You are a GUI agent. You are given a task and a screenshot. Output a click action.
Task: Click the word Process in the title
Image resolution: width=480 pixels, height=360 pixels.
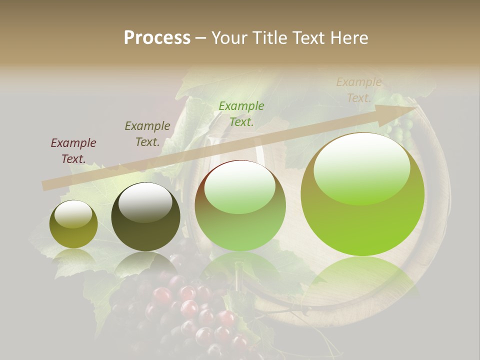pyautogui.click(x=157, y=38)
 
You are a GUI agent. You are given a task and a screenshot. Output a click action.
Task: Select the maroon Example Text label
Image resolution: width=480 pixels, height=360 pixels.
pyautogui.click(x=73, y=151)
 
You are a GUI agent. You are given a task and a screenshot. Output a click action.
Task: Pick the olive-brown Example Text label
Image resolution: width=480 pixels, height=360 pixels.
pyautogui.click(x=147, y=134)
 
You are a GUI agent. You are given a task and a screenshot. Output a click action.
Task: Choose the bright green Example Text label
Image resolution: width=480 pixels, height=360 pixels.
pyautogui.click(x=241, y=113)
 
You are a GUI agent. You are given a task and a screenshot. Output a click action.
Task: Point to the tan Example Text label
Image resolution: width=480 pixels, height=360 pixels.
pyautogui.click(x=358, y=90)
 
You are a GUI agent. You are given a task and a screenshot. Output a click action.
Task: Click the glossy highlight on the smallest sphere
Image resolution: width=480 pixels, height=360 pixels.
pyautogui.click(x=73, y=214)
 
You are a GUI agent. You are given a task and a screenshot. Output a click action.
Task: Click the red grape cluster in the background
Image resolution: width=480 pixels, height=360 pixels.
pyautogui.click(x=190, y=310)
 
